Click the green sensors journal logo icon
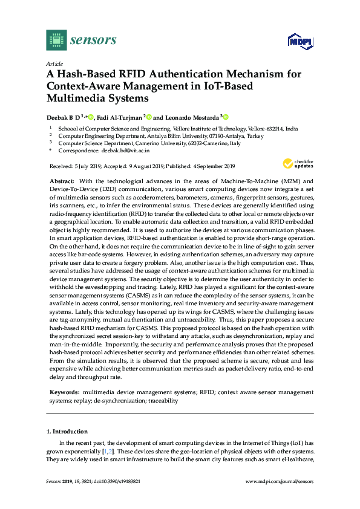pos(56,41)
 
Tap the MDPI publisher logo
pos(301,41)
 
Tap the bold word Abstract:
pos(62,181)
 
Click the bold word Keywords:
pos(64,392)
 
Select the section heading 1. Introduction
pos(67,432)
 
